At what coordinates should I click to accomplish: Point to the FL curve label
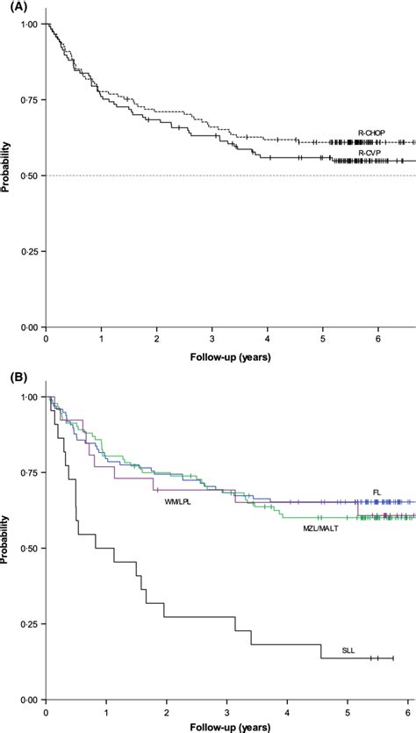[x=363, y=492]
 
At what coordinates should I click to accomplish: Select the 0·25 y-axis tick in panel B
[x=29, y=624]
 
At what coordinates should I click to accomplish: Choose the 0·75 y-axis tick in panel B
[x=29, y=472]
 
